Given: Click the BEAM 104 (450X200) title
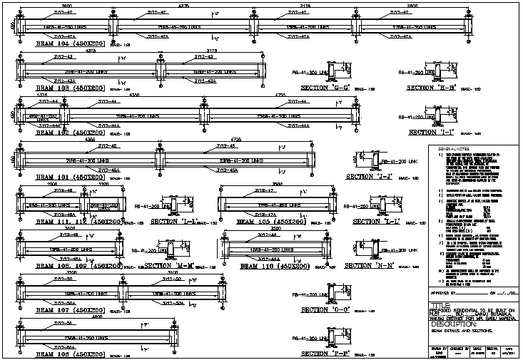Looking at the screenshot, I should click(70, 43).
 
